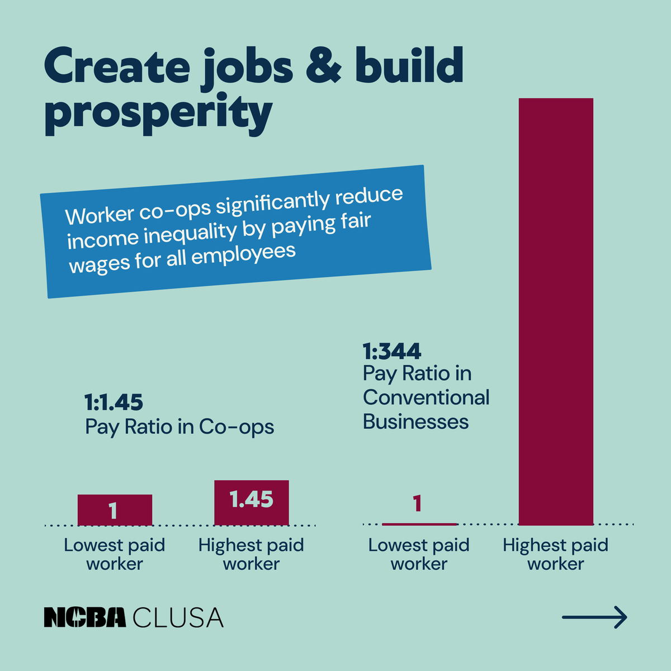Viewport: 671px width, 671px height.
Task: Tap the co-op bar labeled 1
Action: coord(115,510)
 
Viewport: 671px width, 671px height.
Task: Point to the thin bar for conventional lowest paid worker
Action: coord(419,524)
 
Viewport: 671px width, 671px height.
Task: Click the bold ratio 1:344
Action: coord(392,351)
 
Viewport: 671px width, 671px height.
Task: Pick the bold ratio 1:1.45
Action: coord(114,402)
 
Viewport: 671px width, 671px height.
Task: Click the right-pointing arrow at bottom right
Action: coord(594,617)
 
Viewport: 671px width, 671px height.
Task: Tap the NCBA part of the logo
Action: coord(85,617)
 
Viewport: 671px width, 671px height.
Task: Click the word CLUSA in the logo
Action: coord(178,617)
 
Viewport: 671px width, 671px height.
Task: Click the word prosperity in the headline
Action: coord(158,114)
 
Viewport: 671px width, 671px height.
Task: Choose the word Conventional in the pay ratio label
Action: coord(426,398)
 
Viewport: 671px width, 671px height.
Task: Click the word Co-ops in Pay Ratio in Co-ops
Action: coord(237,427)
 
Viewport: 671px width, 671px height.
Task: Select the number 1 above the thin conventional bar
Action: coord(417,504)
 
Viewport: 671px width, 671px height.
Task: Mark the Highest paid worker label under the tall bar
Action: coord(555,554)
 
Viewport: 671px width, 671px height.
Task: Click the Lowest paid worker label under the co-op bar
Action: coord(115,554)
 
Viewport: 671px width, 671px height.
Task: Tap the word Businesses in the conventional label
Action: coord(415,422)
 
